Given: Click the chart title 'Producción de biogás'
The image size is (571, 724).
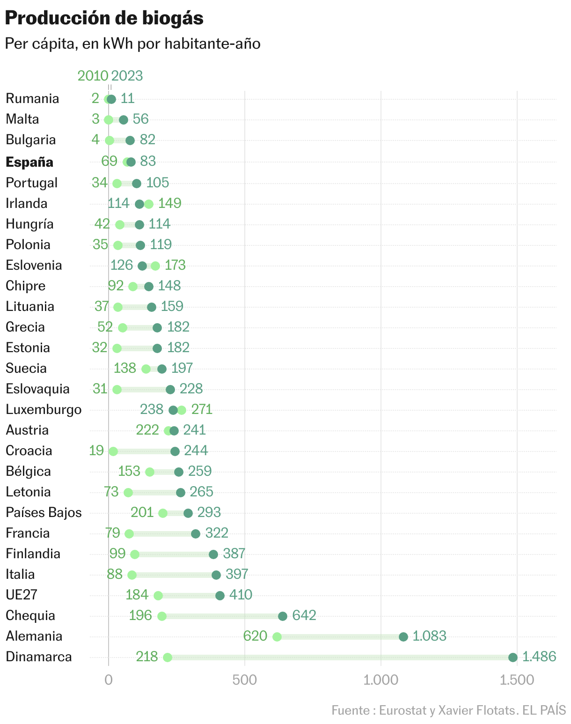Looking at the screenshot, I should point(104,18).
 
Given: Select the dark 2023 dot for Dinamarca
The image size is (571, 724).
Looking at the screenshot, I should point(513,658).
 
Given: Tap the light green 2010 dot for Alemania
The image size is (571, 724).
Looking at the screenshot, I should point(277,637).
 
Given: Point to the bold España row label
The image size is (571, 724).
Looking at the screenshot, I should point(29,162).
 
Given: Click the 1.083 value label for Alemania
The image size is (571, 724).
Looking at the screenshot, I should point(429,636).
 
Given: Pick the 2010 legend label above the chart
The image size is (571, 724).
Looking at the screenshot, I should point(93,76).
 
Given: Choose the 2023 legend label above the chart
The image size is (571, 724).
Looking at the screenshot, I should point(127,76).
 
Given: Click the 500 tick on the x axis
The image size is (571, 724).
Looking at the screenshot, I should point(245,680).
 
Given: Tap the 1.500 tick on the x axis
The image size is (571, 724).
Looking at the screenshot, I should point(517,680).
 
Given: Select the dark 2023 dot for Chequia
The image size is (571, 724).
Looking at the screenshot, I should point(283,616).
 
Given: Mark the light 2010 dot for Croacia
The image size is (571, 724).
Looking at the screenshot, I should point(113,451).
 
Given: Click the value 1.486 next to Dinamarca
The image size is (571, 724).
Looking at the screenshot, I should point(539,657).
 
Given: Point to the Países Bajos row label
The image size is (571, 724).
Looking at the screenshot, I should point(44,512).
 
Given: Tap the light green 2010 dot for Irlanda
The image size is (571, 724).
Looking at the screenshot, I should point(149,204).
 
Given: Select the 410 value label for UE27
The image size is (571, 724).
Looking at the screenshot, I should point(241,595).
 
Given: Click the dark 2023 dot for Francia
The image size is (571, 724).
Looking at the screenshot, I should point(196,534).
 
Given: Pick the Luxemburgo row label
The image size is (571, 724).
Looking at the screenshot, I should point(44,409).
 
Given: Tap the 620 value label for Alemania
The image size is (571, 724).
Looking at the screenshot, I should point(255,636).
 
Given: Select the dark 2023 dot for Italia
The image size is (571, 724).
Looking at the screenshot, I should point(216,575).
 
